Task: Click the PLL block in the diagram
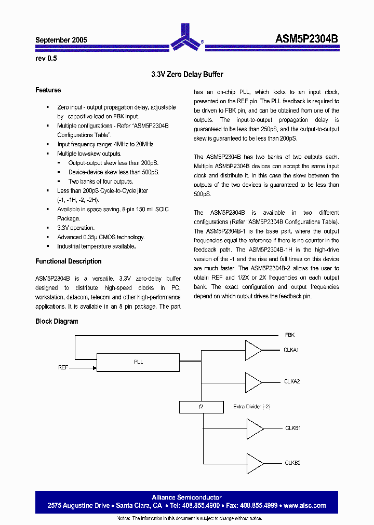coord(138,362)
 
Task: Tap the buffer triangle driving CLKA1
coord(253,350)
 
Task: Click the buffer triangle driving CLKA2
coord(253,382)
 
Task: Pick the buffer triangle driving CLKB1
coord(255,429)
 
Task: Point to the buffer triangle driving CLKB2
coord(255,463)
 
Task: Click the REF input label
coord(63,368)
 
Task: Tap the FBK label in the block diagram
coord(290,335)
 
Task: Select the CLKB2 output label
coord(292,463)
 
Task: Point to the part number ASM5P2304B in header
coord(306,39)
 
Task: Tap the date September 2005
coord(61,40)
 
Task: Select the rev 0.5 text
coord(46,59)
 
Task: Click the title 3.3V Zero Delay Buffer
coord(187,75)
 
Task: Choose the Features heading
coord(48,90)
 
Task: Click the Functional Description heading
coord(68,261)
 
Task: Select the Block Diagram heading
coord(57,322)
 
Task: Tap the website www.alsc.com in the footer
coord(305,506)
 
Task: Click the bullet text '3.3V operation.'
coord(76,228)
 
